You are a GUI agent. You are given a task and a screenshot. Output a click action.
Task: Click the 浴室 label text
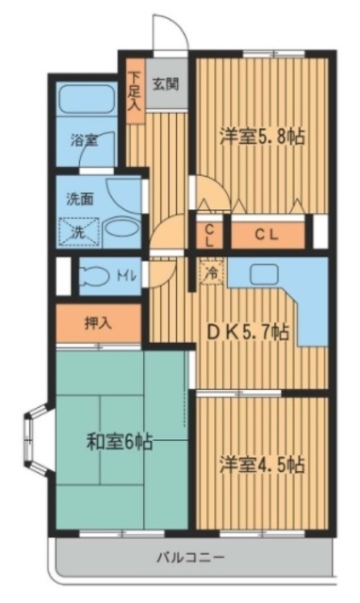[x=85, y=140]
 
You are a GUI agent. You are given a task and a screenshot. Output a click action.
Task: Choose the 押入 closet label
[x=98, y=323]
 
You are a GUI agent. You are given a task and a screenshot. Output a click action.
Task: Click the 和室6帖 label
[x=120, y=441]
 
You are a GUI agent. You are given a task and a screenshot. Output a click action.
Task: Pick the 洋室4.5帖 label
[x=262, y=464]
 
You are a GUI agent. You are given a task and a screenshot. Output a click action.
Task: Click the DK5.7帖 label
[x=248, y=332]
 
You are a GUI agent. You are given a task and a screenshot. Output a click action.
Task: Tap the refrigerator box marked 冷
[x=212, y=272]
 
